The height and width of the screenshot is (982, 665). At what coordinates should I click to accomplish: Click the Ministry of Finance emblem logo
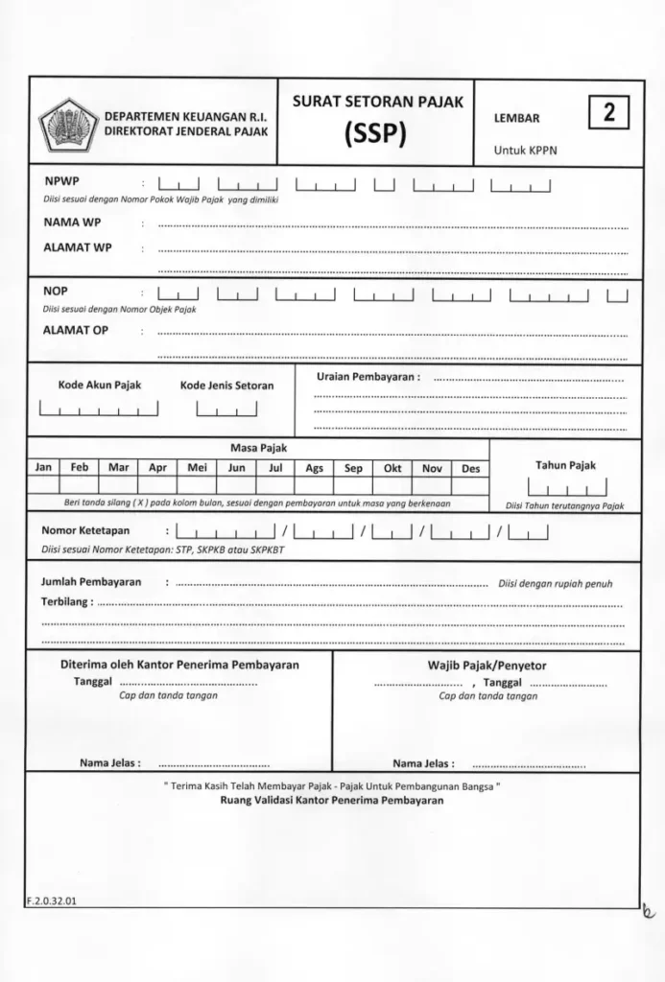pyautogui.click(x=68, y=125)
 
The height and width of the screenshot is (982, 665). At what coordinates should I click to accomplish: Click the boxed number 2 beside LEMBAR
pyautogui.click(x=607, y=114)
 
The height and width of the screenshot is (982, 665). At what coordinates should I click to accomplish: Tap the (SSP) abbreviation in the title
pyautogui.click(x=376, y=133)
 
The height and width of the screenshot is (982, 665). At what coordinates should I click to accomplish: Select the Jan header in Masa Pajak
pyautogui.click(x=43, y=468)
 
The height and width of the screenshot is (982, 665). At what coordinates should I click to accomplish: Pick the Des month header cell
pyautogui.click(x=470, y=469)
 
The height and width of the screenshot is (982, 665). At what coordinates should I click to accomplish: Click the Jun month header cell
pyautogui.click(x=236, y=469)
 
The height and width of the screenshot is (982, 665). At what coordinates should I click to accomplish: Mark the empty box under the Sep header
pyautogui.click(x=353, y=485)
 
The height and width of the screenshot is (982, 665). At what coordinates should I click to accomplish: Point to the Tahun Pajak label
pyautogui.click(x=565, y=465)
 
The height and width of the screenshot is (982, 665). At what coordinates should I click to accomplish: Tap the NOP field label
pyautogui.click(x=56, y=291)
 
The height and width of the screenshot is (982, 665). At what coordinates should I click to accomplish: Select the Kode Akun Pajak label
pyautogui.click(x=100, y=385)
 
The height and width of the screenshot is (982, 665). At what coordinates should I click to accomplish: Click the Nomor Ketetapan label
pyautogui.click(x=85, y=530)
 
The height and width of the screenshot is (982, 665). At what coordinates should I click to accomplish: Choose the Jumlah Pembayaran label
pyautogui.click(x=91, y=582)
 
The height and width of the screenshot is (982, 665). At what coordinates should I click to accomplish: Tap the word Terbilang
pyautogui.click(x=65, y=602)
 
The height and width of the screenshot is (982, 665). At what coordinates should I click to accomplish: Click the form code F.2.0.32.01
pyautogui.click(x=53, y=900)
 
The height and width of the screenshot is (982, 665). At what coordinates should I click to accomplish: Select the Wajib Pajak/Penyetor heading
pyautogui.click(x=487, y=665)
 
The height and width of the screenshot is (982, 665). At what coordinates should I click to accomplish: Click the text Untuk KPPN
pyautogui.click(x=525, y=151)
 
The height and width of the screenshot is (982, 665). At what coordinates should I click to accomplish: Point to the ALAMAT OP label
pyautogui.click(x=76, y=330)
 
